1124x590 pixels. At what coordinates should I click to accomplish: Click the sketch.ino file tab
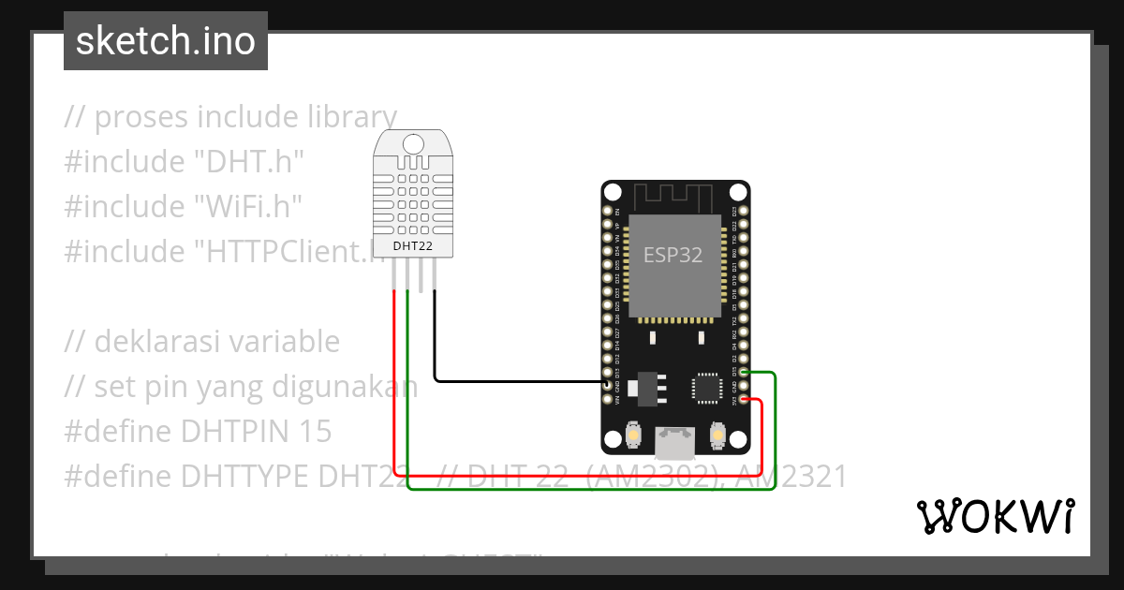tap(166, 41)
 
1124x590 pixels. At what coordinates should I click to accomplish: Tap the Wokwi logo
tap(994, 516)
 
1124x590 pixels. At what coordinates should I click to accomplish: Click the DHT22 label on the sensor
tap(414, 246)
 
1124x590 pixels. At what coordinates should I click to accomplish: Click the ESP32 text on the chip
tap(673, 255)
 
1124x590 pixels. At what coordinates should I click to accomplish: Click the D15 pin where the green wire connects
tap(743, 373)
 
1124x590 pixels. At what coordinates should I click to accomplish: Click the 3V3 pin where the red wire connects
tap(743, 399)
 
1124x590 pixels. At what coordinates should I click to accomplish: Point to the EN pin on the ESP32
tap(607, 213)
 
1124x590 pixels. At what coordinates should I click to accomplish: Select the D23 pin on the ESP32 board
tap(743, 213)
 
